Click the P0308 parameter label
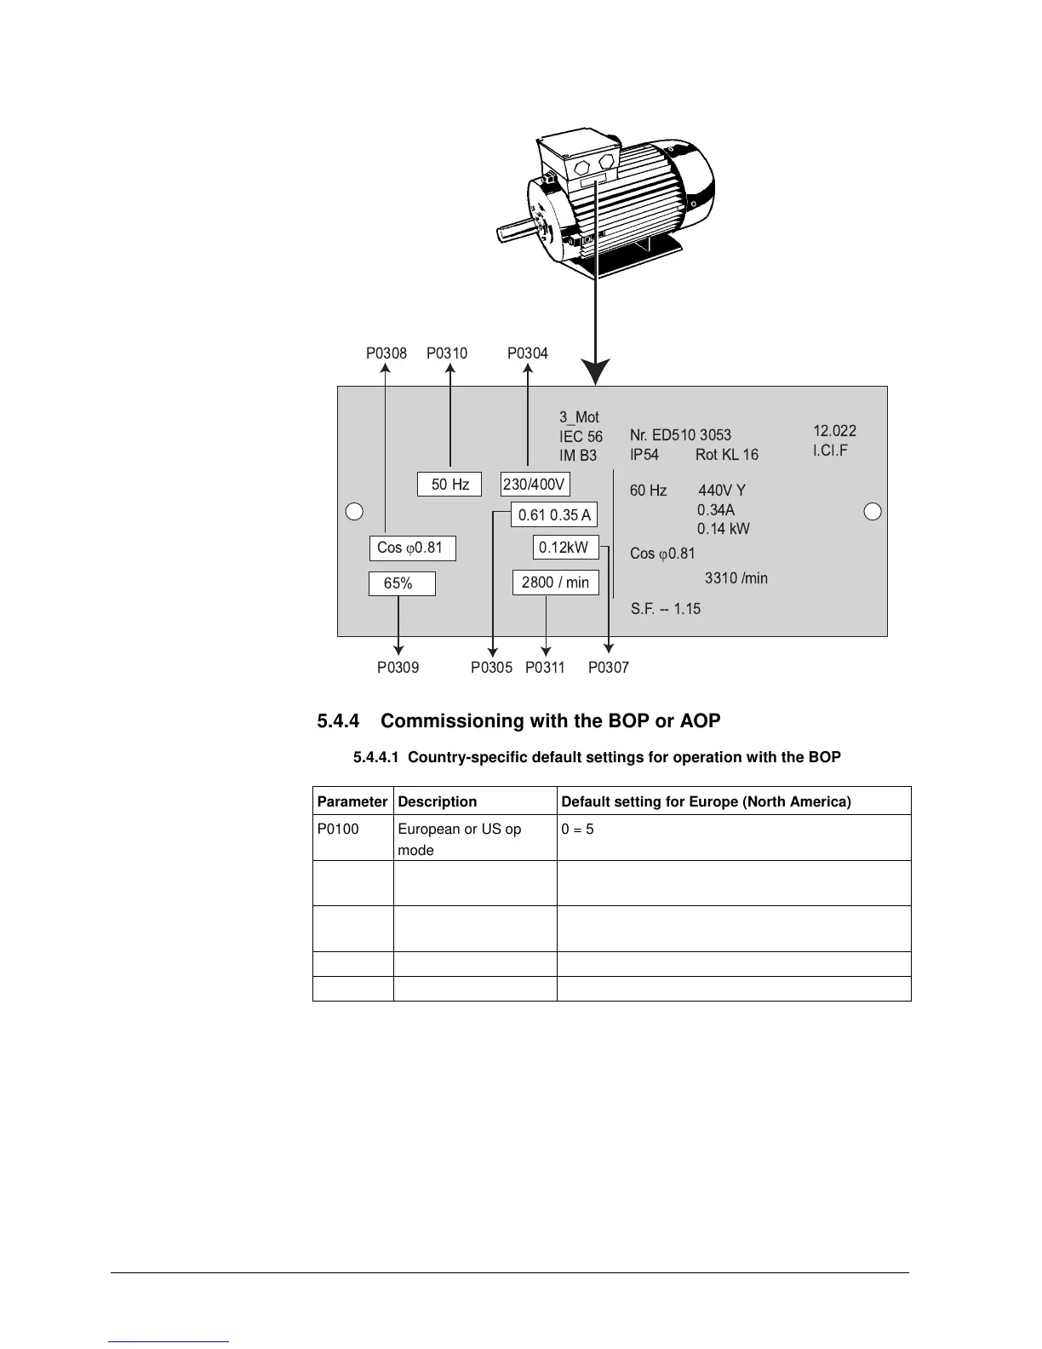386,353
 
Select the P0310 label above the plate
447,353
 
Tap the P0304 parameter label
528,353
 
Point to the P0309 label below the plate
398,668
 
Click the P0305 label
492,668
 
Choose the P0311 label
545,668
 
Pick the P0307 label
609,668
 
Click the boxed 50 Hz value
449,485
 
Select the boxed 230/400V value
535,485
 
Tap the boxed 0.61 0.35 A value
554,515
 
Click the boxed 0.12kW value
565,548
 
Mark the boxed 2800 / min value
555,583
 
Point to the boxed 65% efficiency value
401,583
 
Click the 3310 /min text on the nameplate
736,578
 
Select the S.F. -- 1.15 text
666,609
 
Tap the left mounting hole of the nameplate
355,511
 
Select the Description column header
438,801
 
